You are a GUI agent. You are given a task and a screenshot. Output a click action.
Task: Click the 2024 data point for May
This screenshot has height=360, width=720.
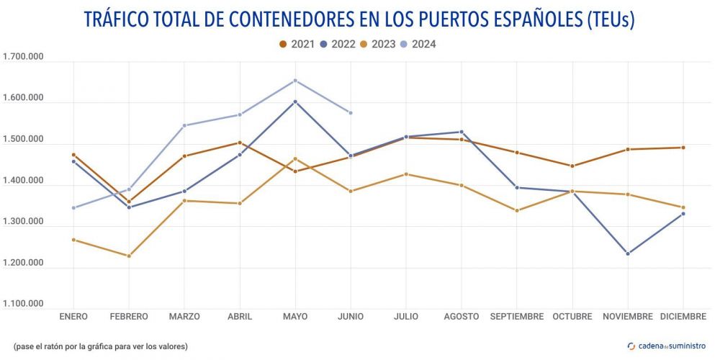click(x=295, y=81)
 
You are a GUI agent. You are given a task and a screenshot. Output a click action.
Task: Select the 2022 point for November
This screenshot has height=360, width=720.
click(x=628, y=253)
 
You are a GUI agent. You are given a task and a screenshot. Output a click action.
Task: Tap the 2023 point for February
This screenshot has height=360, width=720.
click(x=129, y=256)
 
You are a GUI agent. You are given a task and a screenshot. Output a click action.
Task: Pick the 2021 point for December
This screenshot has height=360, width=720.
click(x=683, y=148)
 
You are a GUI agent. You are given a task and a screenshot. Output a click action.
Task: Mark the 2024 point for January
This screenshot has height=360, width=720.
click(x=73, y=208)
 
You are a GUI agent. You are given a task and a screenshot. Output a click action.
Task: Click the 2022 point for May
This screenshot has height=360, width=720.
click(x=295, y=102)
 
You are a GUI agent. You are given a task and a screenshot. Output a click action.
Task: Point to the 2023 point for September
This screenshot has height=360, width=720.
click(x=517, y=210)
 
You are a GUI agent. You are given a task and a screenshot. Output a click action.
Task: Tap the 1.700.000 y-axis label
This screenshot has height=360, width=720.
click(x=24, y=58)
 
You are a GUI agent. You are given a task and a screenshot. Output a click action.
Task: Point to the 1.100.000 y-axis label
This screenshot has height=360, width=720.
click(x=24, y=304)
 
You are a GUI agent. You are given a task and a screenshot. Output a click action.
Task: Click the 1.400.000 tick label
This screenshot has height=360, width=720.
click(x=24, y=181)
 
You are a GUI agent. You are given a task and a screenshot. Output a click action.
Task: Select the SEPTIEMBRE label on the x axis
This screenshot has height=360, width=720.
click(x=517, y=317)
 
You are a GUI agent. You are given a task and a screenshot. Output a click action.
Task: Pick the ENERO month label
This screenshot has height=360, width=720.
click(x=73, y=317)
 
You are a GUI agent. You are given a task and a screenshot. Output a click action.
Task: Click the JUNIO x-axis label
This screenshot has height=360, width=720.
click(x=351, y=317)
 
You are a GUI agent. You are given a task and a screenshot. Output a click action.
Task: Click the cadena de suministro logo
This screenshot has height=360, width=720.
click(x=667, y=346)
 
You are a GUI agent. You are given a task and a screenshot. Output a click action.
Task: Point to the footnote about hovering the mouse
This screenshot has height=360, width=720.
click(x=100, y=346)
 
